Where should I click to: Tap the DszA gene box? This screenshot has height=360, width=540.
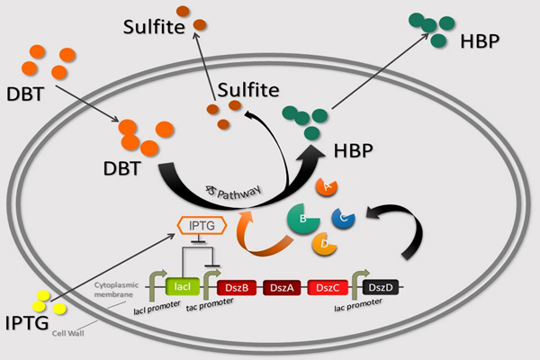(x=281, y=287)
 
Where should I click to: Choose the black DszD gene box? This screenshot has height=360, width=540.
(x=377, y=287)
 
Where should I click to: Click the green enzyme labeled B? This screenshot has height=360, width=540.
(x=302, y=219)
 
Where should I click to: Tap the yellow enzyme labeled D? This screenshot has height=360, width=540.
(x=323, y=243)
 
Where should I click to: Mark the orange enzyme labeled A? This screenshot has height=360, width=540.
(x=326, y=185)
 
